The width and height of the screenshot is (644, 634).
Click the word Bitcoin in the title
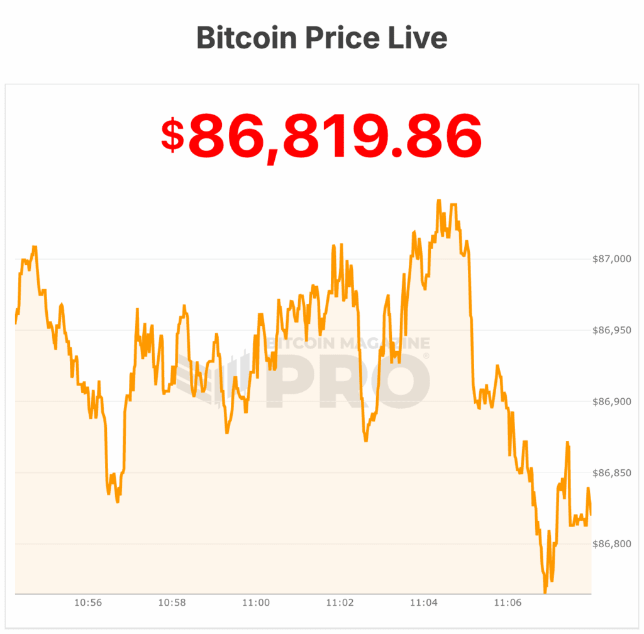(246, 38)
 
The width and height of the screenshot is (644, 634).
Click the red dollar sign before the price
(173, 135)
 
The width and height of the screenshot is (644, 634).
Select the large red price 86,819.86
(335, 135)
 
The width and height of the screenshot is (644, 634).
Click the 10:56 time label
(88, 603)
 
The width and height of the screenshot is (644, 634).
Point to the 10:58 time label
(172, 603)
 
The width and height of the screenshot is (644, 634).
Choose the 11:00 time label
(256, 603)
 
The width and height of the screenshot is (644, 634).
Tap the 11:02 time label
(340, 603)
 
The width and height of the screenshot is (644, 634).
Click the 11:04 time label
(424, 603)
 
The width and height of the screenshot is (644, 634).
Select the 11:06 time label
(508, 603)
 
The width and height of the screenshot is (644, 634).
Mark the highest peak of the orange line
(438, 201)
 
